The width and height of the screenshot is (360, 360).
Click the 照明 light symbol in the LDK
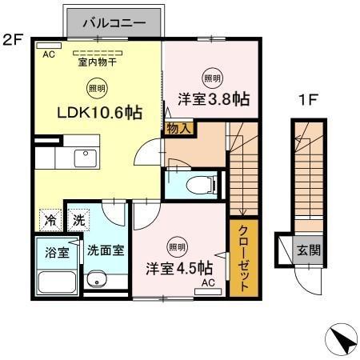[x=94, y=90]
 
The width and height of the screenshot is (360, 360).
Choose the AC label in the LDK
[x=48, y=54]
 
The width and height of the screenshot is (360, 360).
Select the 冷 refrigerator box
[x=50, y=218]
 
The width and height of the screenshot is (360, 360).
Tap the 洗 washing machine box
[x=78, y=218]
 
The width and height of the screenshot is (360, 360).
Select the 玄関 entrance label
[x=309, y=250]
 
